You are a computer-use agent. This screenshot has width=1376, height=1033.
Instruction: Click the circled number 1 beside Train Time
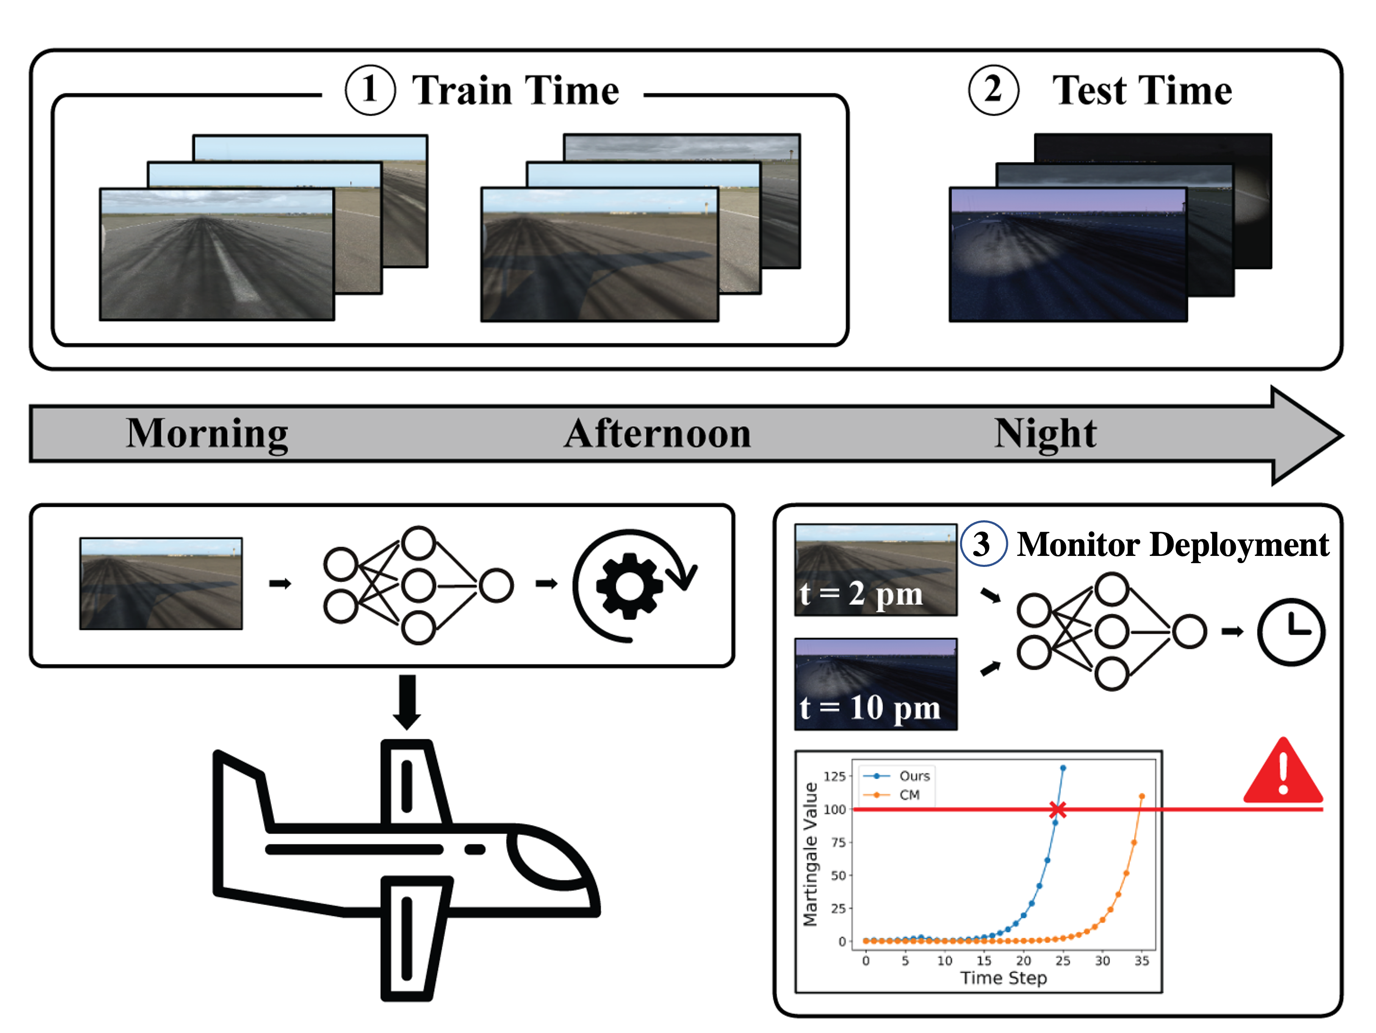click(x=370, y=90)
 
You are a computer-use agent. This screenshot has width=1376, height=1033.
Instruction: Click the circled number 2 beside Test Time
click(x=994, y=90)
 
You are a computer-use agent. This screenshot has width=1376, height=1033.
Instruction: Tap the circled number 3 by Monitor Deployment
click(x=983, y=544)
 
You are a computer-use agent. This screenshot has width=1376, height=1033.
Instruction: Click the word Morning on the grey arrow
click(x=207, y=434)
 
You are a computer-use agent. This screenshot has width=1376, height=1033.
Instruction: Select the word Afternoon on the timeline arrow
click(x=658, y=434)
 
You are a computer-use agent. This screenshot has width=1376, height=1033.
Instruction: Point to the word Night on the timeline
click(x=1045, y=434)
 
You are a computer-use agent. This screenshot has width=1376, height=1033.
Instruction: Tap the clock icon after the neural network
click(x=1291, y=632)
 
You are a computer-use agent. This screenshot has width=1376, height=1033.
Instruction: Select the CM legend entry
click(x=909, y=794)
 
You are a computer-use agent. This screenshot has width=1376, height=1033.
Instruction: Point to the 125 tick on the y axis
click(x=834, y=776)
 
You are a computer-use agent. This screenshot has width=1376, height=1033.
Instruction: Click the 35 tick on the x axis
click(x=1141, y=961)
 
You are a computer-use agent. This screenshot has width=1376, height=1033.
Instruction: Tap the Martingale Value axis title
click(x=810, y=854)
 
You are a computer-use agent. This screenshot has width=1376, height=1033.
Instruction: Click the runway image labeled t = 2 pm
click(x=875, y=570)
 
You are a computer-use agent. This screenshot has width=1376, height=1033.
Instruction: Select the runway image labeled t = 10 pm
click(x=875, y=683)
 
